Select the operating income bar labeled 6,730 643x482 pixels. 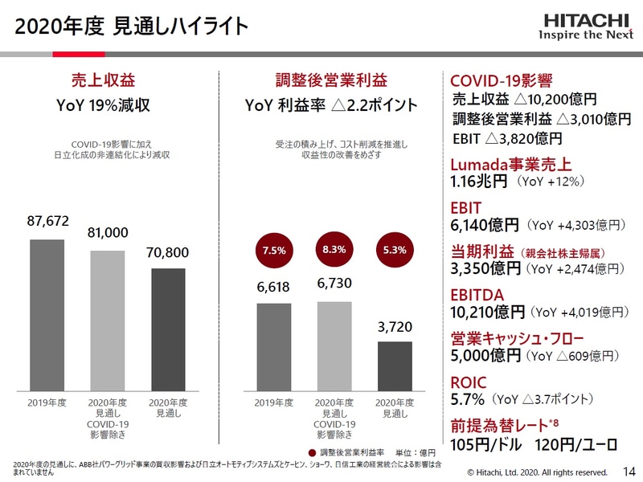[x=334, y=345]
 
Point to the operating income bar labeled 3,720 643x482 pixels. [x=394, y=365]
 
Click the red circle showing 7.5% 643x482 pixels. [x=274, y=250]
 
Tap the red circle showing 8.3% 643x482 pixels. [x=334, y=250]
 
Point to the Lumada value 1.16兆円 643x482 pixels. [x=479, y=182]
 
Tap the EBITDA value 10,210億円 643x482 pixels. [x=488, y=310]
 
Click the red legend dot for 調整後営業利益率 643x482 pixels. [x=312, y=452]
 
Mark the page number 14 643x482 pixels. [x=629, y=472]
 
